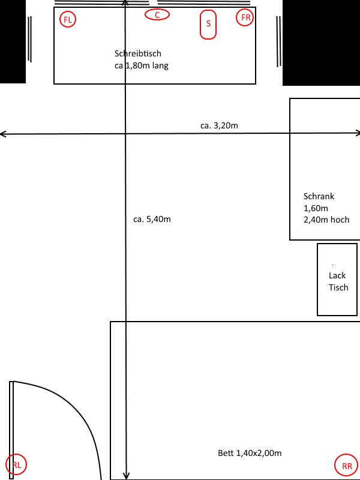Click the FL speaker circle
[68, 19]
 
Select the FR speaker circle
[245, 17]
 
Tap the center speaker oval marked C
[157, 14]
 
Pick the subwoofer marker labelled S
[208, 25]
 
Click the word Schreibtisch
[138, 53]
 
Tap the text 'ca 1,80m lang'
[142, 65]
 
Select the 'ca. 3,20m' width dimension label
[219, 125]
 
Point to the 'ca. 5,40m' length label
[152, 219]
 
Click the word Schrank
[319, 196]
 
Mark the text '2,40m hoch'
[326, 220]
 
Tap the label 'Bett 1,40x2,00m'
[250, 453]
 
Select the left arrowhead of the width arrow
[2, 134]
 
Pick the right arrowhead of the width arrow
[358, 133]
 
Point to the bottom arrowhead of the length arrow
[126, 476]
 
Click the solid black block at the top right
[321, 43]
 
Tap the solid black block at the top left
[13, 41]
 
